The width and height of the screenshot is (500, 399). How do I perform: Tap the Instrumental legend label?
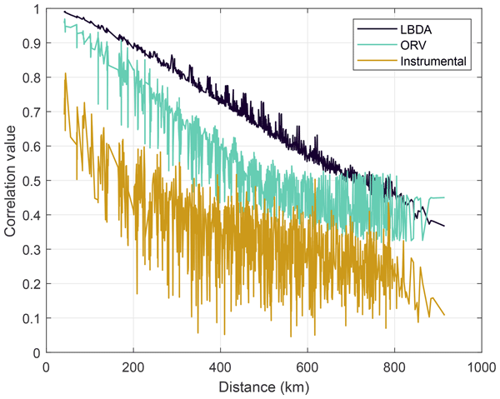point(432,61)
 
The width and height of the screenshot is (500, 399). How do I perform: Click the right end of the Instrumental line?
point(445,315)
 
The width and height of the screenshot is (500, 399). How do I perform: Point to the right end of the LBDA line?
point(445,226)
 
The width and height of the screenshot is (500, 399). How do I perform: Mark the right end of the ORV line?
point(445,197)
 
